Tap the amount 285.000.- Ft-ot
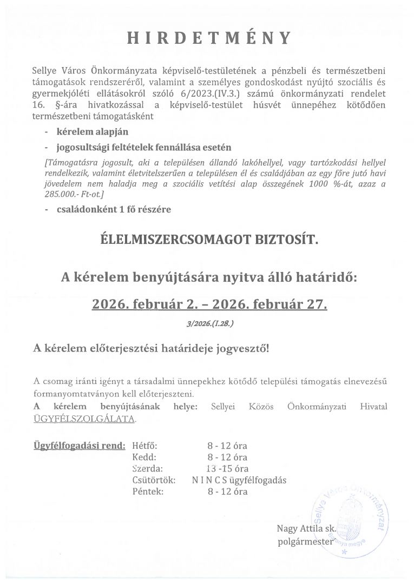tap(78, 194)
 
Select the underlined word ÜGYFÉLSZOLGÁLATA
tap(84, 419)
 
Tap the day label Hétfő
tap(144, 446)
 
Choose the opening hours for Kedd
tap(227, 457)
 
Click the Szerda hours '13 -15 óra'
tap(227, 469)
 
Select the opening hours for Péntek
tap(227, 492)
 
